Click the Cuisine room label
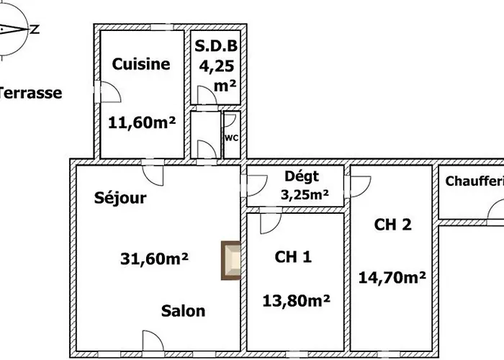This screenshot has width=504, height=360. point(141,64)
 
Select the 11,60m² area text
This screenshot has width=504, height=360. point(142,122)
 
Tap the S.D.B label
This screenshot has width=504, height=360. point(216,47)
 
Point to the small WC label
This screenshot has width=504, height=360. point(232,137)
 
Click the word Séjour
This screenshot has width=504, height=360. point(120,198)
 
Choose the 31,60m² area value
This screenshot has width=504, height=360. point(154,258)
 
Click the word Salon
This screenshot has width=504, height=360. point(183,311)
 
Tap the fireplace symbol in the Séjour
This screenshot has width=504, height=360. point(231,260)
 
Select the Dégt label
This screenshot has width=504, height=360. point(302,176)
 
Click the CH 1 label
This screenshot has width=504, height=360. point(293,256)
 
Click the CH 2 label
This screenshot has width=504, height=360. point(393,225)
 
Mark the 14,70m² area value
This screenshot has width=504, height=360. point(392,276)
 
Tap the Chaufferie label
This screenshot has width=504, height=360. point(474,181)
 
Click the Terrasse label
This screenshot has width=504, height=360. point(30,93)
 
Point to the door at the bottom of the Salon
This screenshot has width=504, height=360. point(156,343)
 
